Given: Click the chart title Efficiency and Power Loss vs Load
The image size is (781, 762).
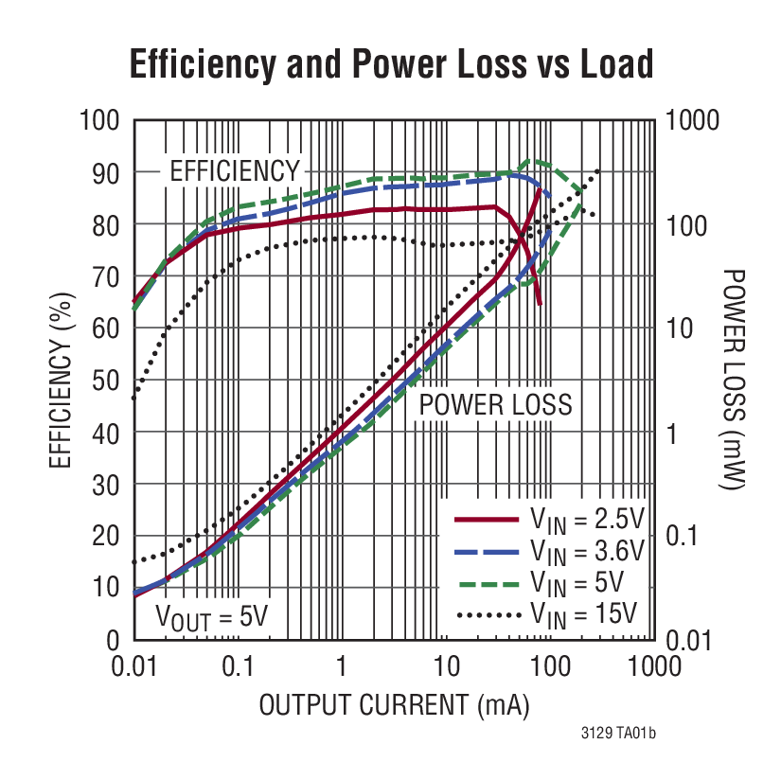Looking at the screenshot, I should (391, 64).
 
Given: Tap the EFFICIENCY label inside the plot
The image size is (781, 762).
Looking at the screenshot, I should (234, 171).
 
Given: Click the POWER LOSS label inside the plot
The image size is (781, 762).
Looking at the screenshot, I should (496, 405).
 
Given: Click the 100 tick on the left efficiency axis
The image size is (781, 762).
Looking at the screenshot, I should (98, 120).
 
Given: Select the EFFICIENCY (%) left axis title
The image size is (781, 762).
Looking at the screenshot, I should (60, 379).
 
